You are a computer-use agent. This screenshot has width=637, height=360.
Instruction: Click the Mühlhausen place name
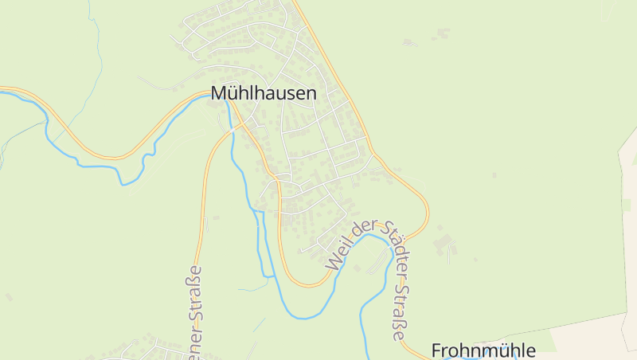[264, 93]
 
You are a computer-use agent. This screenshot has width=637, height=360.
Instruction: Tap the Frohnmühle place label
[483, 350]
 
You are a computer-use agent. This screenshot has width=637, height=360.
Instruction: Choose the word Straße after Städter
[399, 315]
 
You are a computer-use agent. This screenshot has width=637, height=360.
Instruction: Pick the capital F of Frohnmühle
[436, 350]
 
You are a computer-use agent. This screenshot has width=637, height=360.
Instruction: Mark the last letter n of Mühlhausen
[311, 93]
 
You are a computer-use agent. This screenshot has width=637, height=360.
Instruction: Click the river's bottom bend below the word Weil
[307, 316]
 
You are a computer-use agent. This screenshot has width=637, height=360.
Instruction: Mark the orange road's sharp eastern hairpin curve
[426, 211]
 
